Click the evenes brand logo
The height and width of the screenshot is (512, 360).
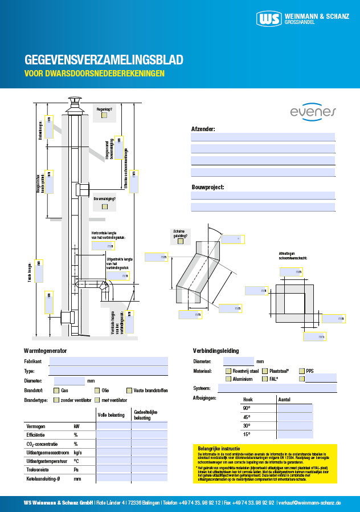[x=313, y=112]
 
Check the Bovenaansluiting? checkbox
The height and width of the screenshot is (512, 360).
[x=104, y=206]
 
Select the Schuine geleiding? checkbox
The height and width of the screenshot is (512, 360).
[x=180, y=241]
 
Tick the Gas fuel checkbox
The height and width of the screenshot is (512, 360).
[x=56, y=391]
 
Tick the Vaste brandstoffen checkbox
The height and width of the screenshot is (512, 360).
[x=129, y=391]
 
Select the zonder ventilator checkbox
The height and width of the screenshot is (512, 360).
[x=56, y=400]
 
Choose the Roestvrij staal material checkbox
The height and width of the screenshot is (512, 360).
[x=227, y=371]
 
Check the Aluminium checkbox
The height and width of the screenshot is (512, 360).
[x=227, y=379]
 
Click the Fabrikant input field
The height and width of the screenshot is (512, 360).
[x=108, y=361]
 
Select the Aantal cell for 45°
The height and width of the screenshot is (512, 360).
[x=294, y=417]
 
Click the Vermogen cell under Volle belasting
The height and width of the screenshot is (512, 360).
[x=113, y=426]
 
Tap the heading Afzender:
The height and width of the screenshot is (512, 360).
[x=203, y=129]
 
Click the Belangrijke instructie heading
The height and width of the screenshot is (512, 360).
[x=218, y=448]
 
